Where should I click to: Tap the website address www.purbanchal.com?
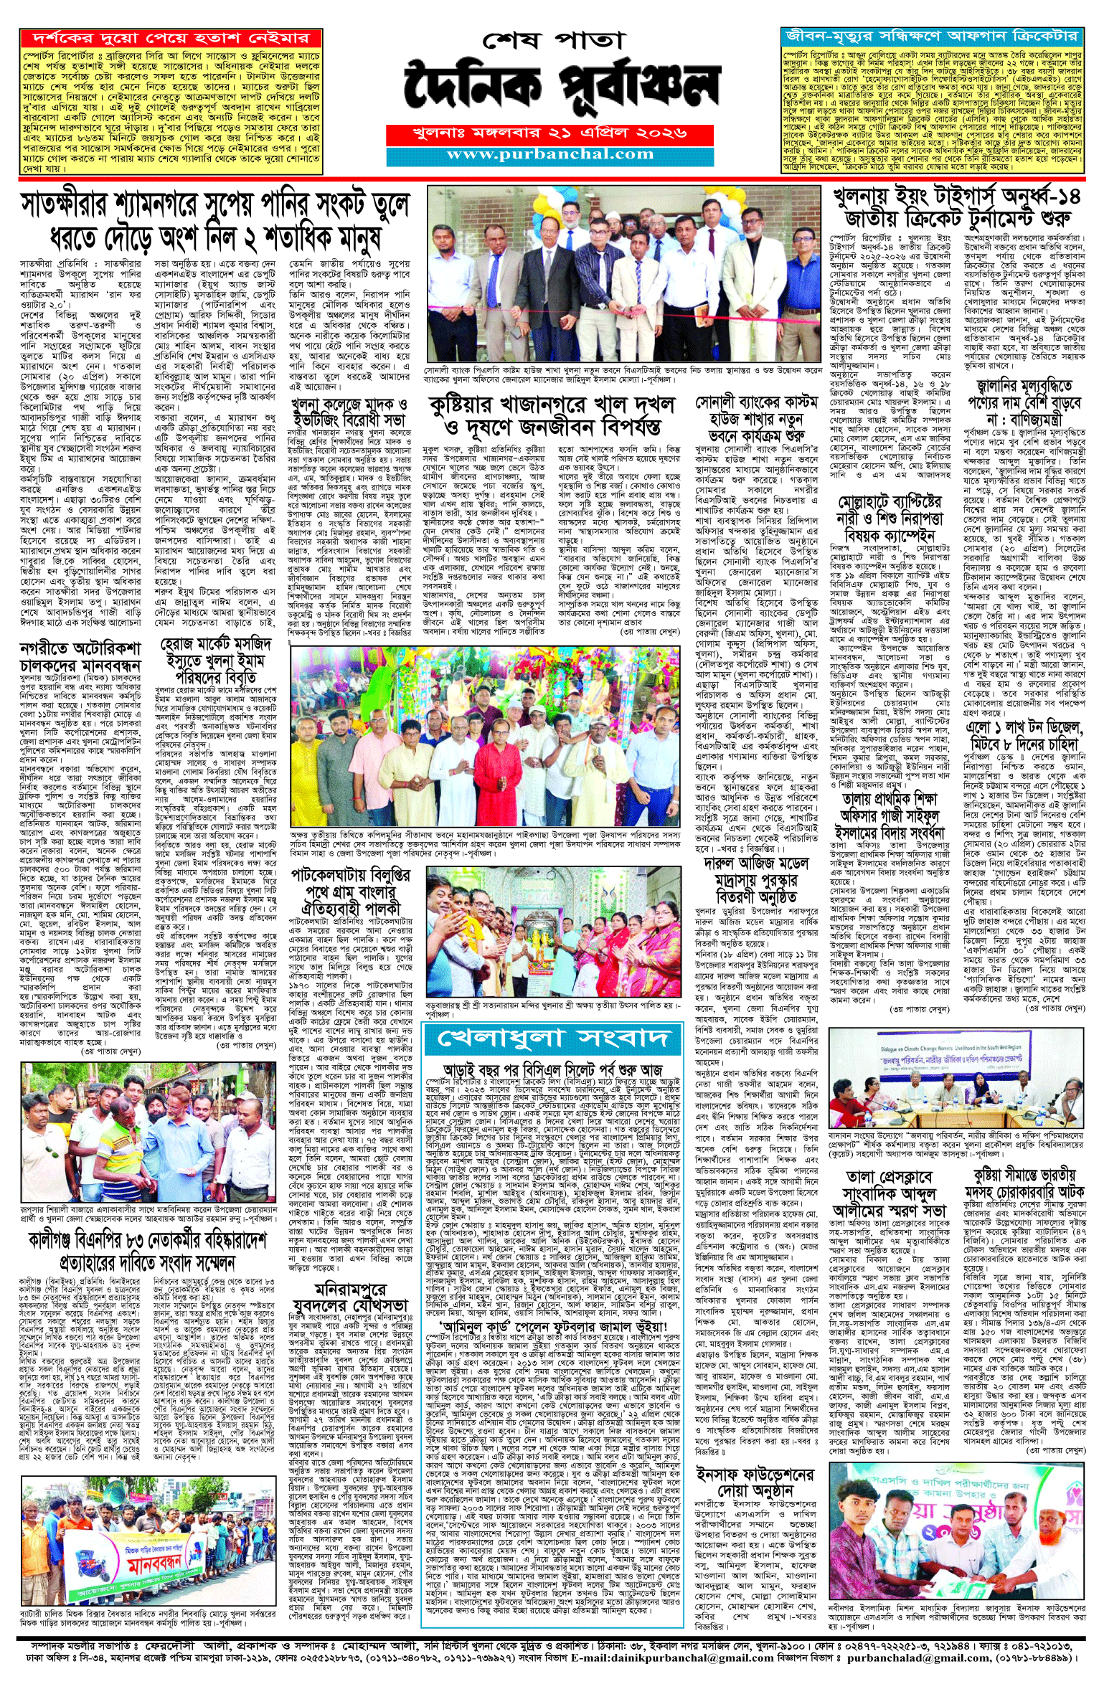click(549, 154)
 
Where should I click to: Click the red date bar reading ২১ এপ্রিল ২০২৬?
click(549, 133)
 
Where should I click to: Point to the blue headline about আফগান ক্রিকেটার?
click(931, 36)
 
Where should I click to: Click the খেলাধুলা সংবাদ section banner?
click(552, 1038)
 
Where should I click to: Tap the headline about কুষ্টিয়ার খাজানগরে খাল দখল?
click(552, 415)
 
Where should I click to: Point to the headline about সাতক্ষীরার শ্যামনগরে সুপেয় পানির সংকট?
click(215, 221)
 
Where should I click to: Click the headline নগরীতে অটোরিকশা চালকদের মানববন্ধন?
click(81, 657)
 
